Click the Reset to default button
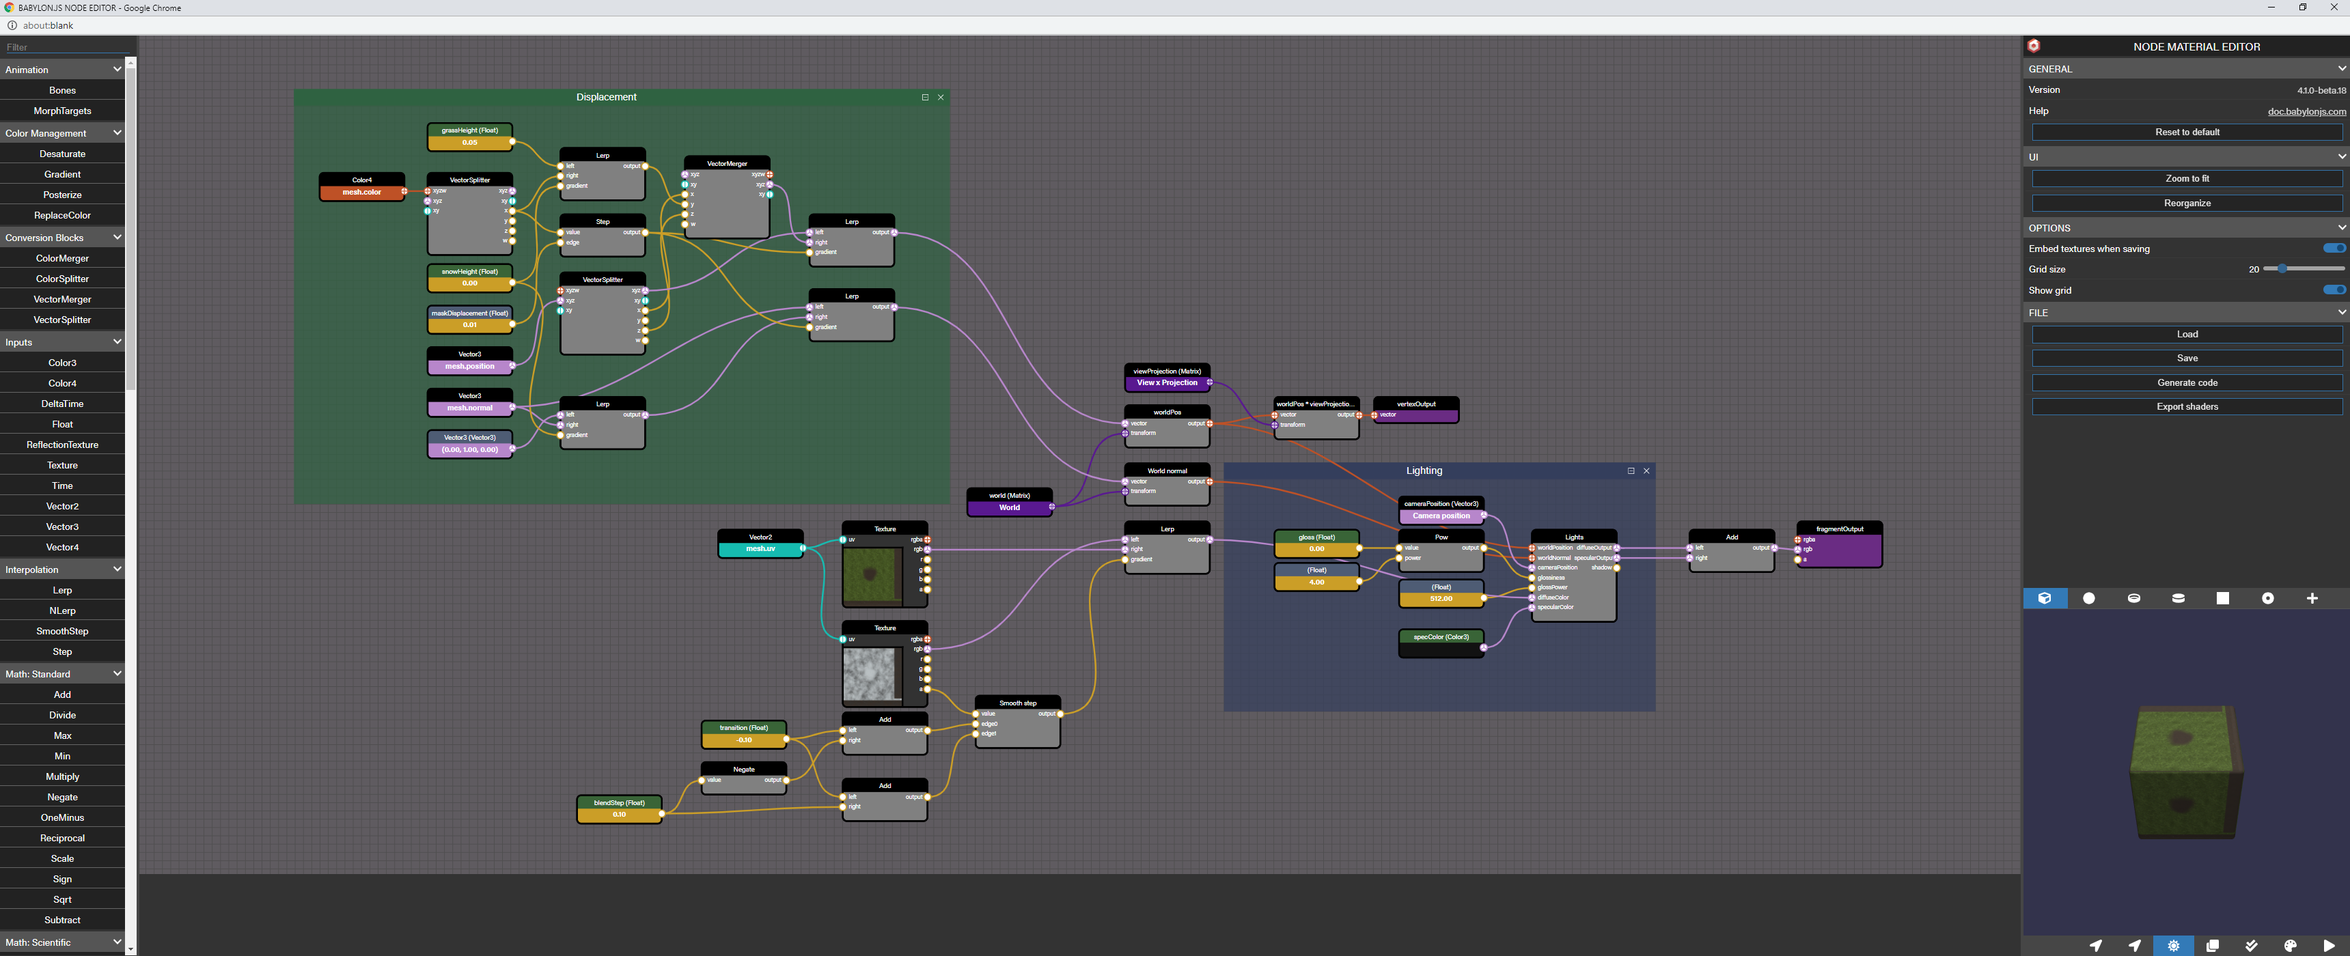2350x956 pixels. (x=2187, y=132)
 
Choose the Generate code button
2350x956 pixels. (x=2187, y=382)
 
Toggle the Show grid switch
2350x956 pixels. (x=2334, y=290)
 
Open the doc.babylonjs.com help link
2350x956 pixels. (x=2306, y=111)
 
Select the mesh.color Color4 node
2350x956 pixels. (x=361, y=187)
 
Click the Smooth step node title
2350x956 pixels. (x=1017, y=703)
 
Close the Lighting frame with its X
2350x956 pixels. (x=1646, y=470)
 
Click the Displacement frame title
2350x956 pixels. (x=606, y=97)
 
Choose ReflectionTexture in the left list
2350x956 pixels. (x=62, y=445)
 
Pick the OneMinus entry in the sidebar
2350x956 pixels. (x=62, y=817)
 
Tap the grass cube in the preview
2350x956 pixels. (x=2185, y=771)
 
